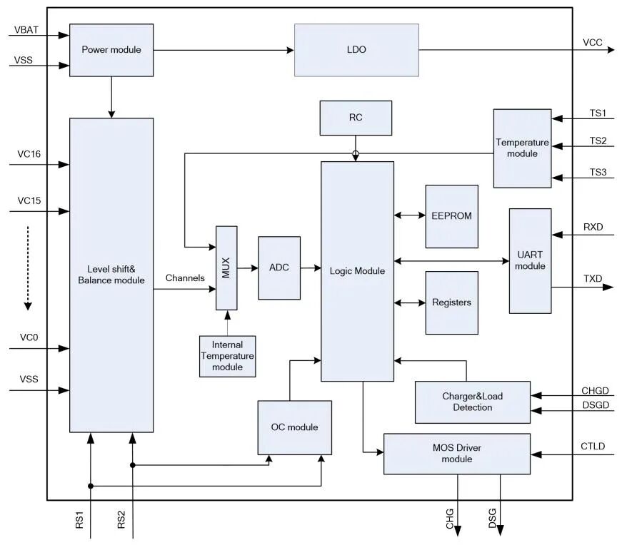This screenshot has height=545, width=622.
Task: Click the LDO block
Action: pyautogui.click(x=356, y=50)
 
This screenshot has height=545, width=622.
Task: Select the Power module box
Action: pyautogui.click(x=111, y=50)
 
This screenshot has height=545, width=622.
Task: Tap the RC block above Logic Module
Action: pyautogui.click(x=356, y=118)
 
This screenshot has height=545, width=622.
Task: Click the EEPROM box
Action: pyautogui.click(x=451, y=216)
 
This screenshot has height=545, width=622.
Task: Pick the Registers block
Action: pyautogui.click(x=451, y=302)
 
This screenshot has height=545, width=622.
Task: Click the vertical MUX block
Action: pyautogui.click(x=226, y=268)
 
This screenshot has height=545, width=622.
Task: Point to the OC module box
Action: pyautogui.click(x=294, y=427)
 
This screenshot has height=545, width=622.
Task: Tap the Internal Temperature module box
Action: pyautogui.click(x=227, y=356)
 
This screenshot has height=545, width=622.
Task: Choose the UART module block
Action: pyautogui.click(x=530, y=260)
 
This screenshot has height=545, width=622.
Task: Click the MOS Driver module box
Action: pyautogui.click(x=457, y=454)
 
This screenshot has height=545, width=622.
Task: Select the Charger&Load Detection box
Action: pyautogui.click(x=473, y=402)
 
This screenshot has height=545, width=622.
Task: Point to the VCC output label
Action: pyautogui.click(x=593, y=43)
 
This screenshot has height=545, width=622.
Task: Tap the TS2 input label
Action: pyautogui.click(x=598, y=141)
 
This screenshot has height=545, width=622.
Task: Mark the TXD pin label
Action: pyautogui.click(x=593, y=278)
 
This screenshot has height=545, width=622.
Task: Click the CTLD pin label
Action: pyautogui.click(x=593, y=447)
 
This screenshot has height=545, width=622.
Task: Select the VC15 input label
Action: pyautogui.click(x=29, y=201)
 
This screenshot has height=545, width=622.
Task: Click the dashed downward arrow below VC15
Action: pyautogui.click(x=28, y=268)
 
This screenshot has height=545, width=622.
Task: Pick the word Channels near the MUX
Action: pyautogui.click(x=185, y=277)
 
